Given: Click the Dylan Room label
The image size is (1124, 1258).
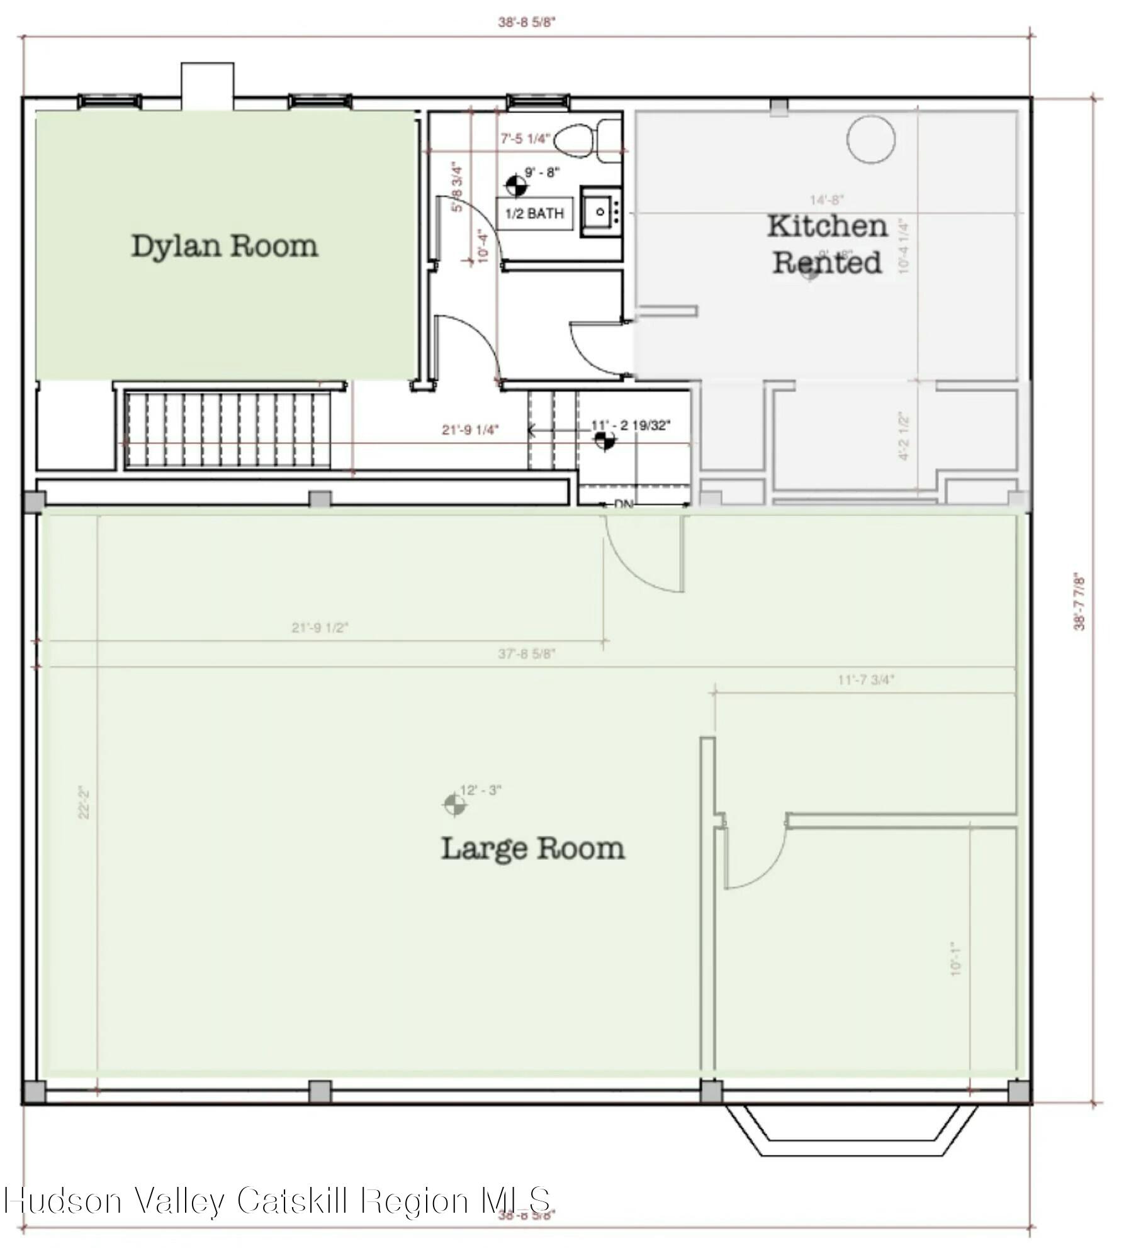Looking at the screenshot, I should (x=225, y=245).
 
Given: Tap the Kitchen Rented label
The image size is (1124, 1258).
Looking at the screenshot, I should (x=826, y=244).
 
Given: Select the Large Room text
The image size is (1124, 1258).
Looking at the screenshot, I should (x=532, y=849).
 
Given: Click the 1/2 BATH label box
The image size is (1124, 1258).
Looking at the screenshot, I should (x=534, y=213).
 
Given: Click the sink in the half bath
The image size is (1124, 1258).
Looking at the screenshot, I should (x=600, y=211).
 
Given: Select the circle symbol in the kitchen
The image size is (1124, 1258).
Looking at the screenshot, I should (x=870, y=140).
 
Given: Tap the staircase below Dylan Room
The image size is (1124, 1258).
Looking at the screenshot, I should (x=228, y=430).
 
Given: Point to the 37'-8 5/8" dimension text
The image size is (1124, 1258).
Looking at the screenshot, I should (x=527, y=654).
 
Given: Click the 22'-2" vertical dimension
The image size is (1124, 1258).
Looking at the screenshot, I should (x=84, y=802).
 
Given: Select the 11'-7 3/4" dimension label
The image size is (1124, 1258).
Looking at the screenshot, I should (x=866, y=680).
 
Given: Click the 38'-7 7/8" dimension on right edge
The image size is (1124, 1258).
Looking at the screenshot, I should (x=1080, y=601).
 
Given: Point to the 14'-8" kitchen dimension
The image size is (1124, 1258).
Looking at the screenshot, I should (x=826, y=200).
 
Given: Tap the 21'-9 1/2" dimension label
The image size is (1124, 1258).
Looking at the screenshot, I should (x=320, y=628).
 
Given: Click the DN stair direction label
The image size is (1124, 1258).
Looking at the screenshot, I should (x=623, y=504).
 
